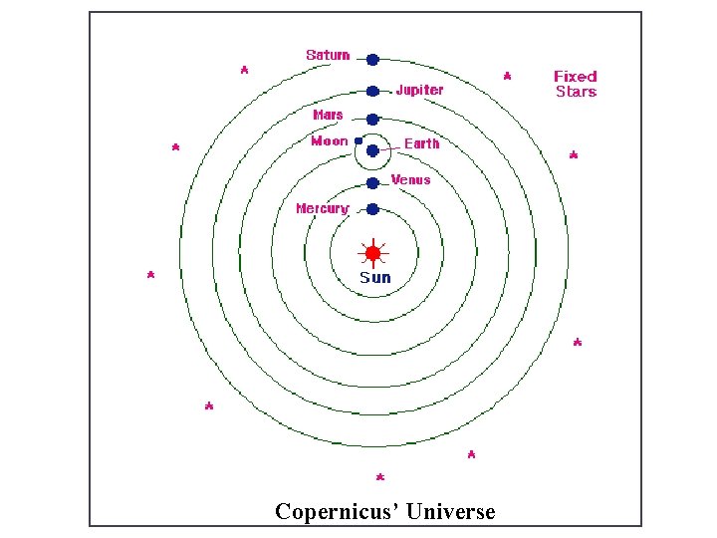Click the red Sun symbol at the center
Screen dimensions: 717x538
pyautogui.click(x=373, y=253)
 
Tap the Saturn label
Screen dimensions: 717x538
pyautogui.click(x=328, y=55)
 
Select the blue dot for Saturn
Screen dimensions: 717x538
pyautogui.click(x=372, y=60)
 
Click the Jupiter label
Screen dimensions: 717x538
pyautogui.click(x=419, y=90)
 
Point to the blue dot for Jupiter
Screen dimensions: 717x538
pyautogui.click(x=372, y=91)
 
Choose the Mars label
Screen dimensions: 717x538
pyautogui.click(x=328, y=115)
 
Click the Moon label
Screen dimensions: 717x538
pyautogui.click(x=330, y=140)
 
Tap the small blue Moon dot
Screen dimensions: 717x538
pyautogui.click(x=358, y=140)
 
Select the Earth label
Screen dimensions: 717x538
pyautogui.click(x=421, y=143)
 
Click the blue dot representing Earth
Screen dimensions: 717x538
pyautogui.click(x=372, y=151)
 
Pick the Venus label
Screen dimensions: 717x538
pyautogui.click(x=411, y=179)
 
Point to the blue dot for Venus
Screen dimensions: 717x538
pyautogui.click(x=372, y=183)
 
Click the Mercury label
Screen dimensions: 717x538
pyautogui.click(x=322, y=208)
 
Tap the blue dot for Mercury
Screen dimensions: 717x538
pyautogui.click(x=372, y=209)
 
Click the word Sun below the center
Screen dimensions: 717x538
pyautogui.click(x=375, y=277)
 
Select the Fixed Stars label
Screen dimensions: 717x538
pyautogui.click(x=576, y=84)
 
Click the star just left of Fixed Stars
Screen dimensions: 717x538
pyautogui.click(x=508, y=76)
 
